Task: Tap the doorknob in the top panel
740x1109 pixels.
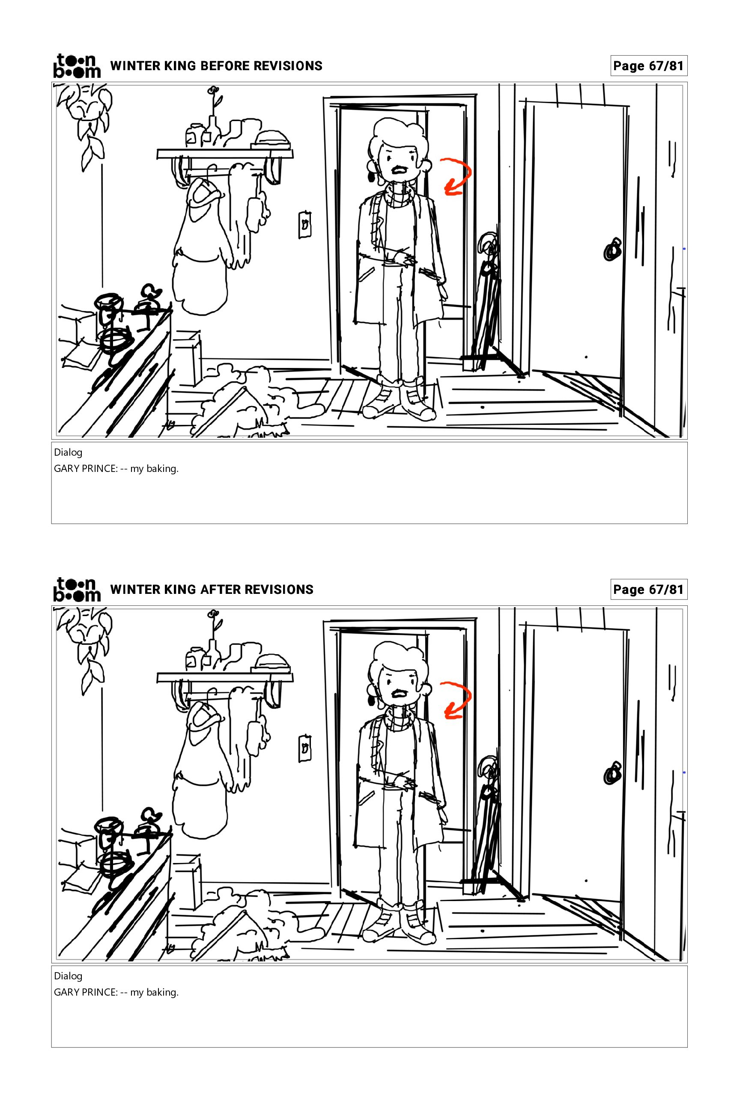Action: coord(612,249)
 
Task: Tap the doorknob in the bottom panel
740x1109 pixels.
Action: coord(612,773)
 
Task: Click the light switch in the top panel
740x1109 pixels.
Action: coord(305,225)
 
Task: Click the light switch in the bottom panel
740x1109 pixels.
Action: coord(305,748)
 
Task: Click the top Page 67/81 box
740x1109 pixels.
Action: coord(648,66)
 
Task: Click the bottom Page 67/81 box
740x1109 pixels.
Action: coord(648,590)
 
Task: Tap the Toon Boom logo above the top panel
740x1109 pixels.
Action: coord(77,65)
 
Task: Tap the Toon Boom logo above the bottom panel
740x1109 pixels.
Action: coord(77,590)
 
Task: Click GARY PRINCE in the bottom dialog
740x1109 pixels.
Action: coord(85,993)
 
